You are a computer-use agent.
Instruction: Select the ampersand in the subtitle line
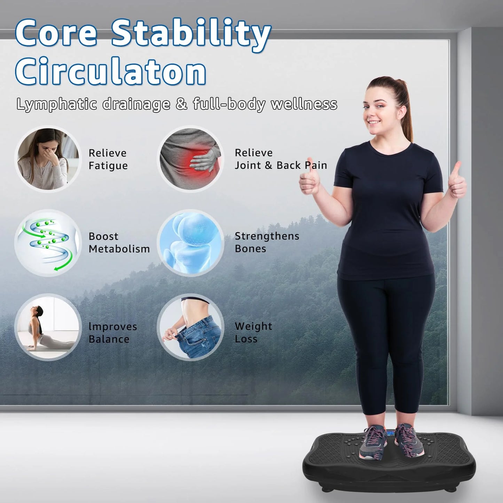pos(181,104)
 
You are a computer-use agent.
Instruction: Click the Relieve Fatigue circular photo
pos(48,159)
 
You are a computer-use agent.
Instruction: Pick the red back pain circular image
pos(190,159)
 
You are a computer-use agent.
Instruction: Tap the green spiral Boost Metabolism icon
pos(48,243)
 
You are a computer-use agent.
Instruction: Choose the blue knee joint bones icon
pos(190,243)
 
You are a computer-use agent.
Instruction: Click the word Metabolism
pos(119,249)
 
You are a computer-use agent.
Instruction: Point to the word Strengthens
pos(267,236)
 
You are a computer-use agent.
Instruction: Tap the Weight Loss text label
pos(253,332)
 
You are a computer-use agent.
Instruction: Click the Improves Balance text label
pos(112,333)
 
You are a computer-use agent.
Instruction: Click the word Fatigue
pos(108,166)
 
